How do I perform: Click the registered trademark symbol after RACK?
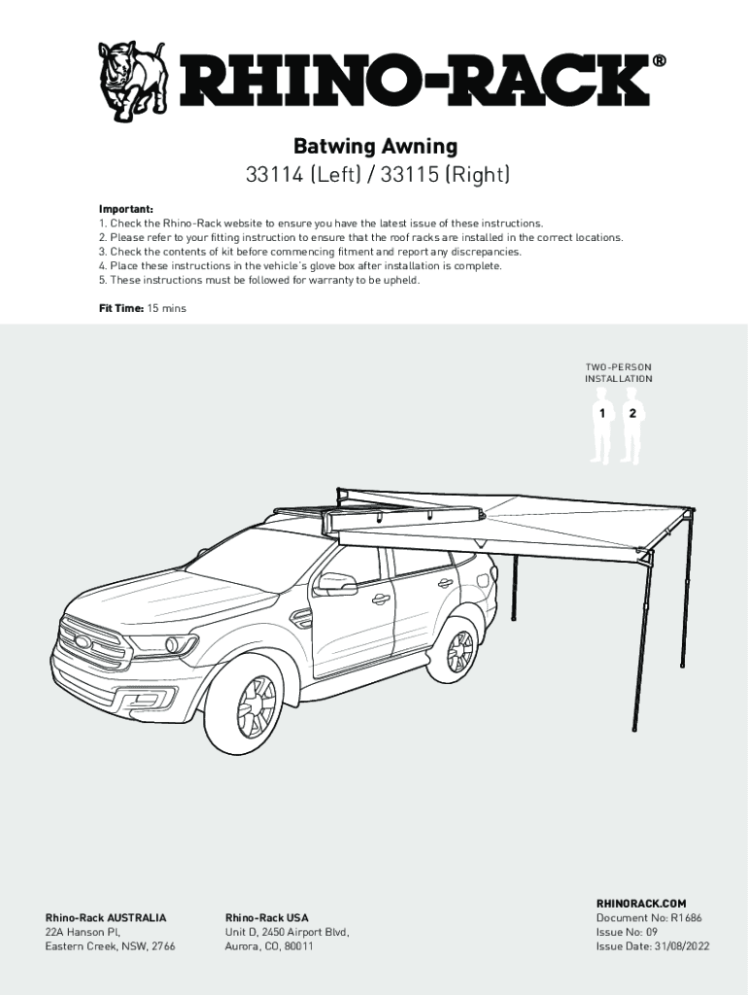point(660,60)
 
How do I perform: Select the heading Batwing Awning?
point(375,147)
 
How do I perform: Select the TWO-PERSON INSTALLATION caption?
point(618,373)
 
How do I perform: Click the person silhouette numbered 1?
point(603,426)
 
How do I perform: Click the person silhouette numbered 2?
point(633,426)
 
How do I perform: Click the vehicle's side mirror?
point(334,585)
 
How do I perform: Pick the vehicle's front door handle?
point(380,599)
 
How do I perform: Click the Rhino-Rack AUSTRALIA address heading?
point(106,917)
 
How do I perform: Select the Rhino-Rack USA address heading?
point(266,917)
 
